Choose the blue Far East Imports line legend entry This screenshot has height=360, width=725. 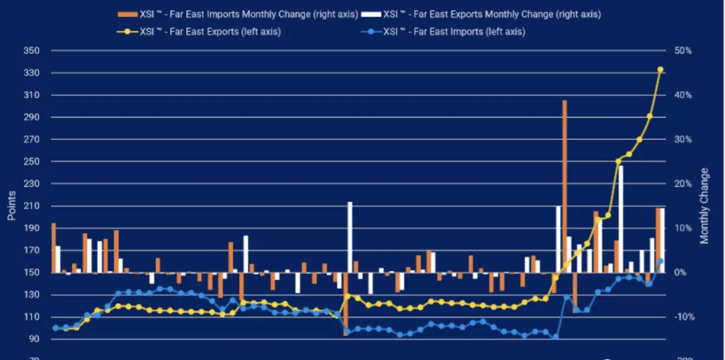(454, 32)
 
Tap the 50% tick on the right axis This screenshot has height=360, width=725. (683, 51)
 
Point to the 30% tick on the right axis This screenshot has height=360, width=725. (683, 140)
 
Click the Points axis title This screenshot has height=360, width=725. (11, 205)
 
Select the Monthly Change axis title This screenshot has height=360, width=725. (704, 206)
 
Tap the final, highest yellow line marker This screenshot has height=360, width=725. (660, 69)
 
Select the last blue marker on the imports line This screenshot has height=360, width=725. (660, 261)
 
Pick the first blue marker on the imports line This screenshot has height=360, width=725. (56, 328)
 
